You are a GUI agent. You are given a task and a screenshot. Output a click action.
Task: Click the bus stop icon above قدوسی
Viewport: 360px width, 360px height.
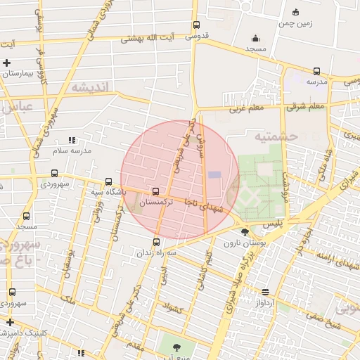click(196, 26)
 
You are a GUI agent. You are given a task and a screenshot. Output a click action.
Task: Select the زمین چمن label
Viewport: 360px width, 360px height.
click(295, 23)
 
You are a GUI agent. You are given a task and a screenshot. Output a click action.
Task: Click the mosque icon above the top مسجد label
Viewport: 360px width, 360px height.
click(255, 38)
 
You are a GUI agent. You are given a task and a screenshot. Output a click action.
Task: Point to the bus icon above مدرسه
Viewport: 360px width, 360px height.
click(316, 71)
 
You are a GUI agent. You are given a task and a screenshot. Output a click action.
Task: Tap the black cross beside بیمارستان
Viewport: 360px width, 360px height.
click(7, 63)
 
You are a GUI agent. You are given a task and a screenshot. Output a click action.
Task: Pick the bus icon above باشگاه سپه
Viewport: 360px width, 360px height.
click(108, 181)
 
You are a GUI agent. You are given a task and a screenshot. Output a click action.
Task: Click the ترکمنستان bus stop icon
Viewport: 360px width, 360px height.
click(155, 191)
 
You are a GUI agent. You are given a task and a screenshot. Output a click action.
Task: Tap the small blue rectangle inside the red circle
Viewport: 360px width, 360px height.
click(214, 174)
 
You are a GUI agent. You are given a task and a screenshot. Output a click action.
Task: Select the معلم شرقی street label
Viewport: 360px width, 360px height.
click(304, 107)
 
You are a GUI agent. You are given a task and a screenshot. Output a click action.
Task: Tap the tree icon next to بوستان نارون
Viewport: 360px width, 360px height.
click(245, 232)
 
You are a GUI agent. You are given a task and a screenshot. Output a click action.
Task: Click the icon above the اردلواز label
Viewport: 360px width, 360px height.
click(265, 292)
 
